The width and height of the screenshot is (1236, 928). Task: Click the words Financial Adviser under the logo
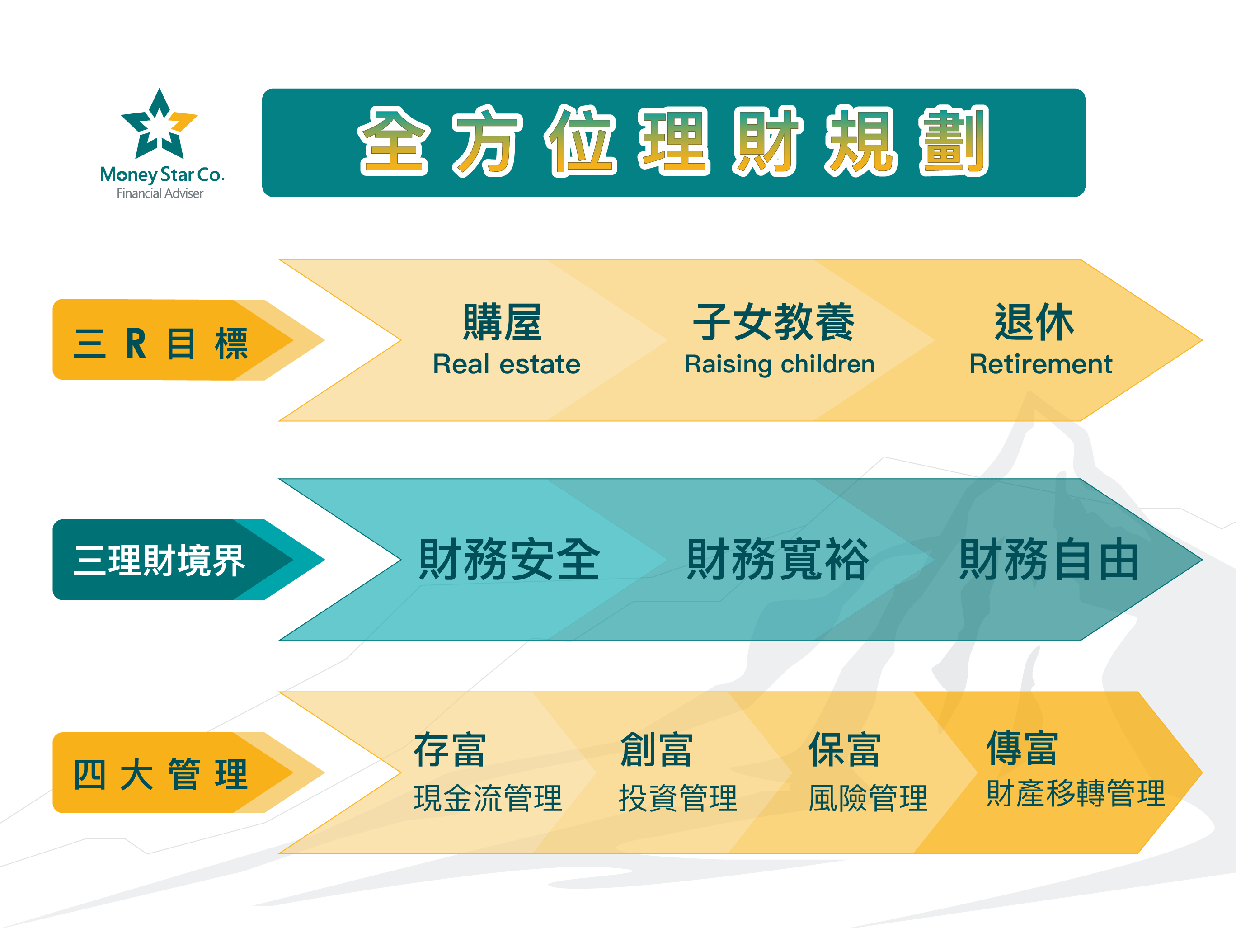click(x=160, y=193)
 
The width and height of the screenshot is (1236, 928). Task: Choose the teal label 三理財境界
click(x=159, y=560)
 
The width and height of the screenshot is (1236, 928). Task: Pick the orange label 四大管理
click(x=160, y=775)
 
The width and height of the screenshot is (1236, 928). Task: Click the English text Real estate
click(x=507, y=364)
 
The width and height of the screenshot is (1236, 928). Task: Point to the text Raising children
click(x=780, y=364)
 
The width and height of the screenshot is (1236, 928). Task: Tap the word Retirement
click(x=1040, y=364)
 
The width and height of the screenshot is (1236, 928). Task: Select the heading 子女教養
click(x=774, y=323)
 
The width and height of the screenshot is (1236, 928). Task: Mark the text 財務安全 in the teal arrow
click(x=510, y=560)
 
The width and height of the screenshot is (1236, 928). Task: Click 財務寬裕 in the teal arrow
click(x=777, y=560)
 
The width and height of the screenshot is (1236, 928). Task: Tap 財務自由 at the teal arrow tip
click(x=1049, y=560)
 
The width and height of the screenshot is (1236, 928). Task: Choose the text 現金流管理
click(x=488, y=798)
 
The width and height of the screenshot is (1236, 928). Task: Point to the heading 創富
click(x=657, y=749)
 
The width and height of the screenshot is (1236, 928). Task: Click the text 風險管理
click(x=868, y=798)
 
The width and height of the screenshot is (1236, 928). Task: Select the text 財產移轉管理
click(x=1076, y=793)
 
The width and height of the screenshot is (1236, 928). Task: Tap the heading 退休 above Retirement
click(x=1034, y=323)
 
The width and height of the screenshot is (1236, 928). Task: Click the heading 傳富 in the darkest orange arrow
click(x=1022, y=748)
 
